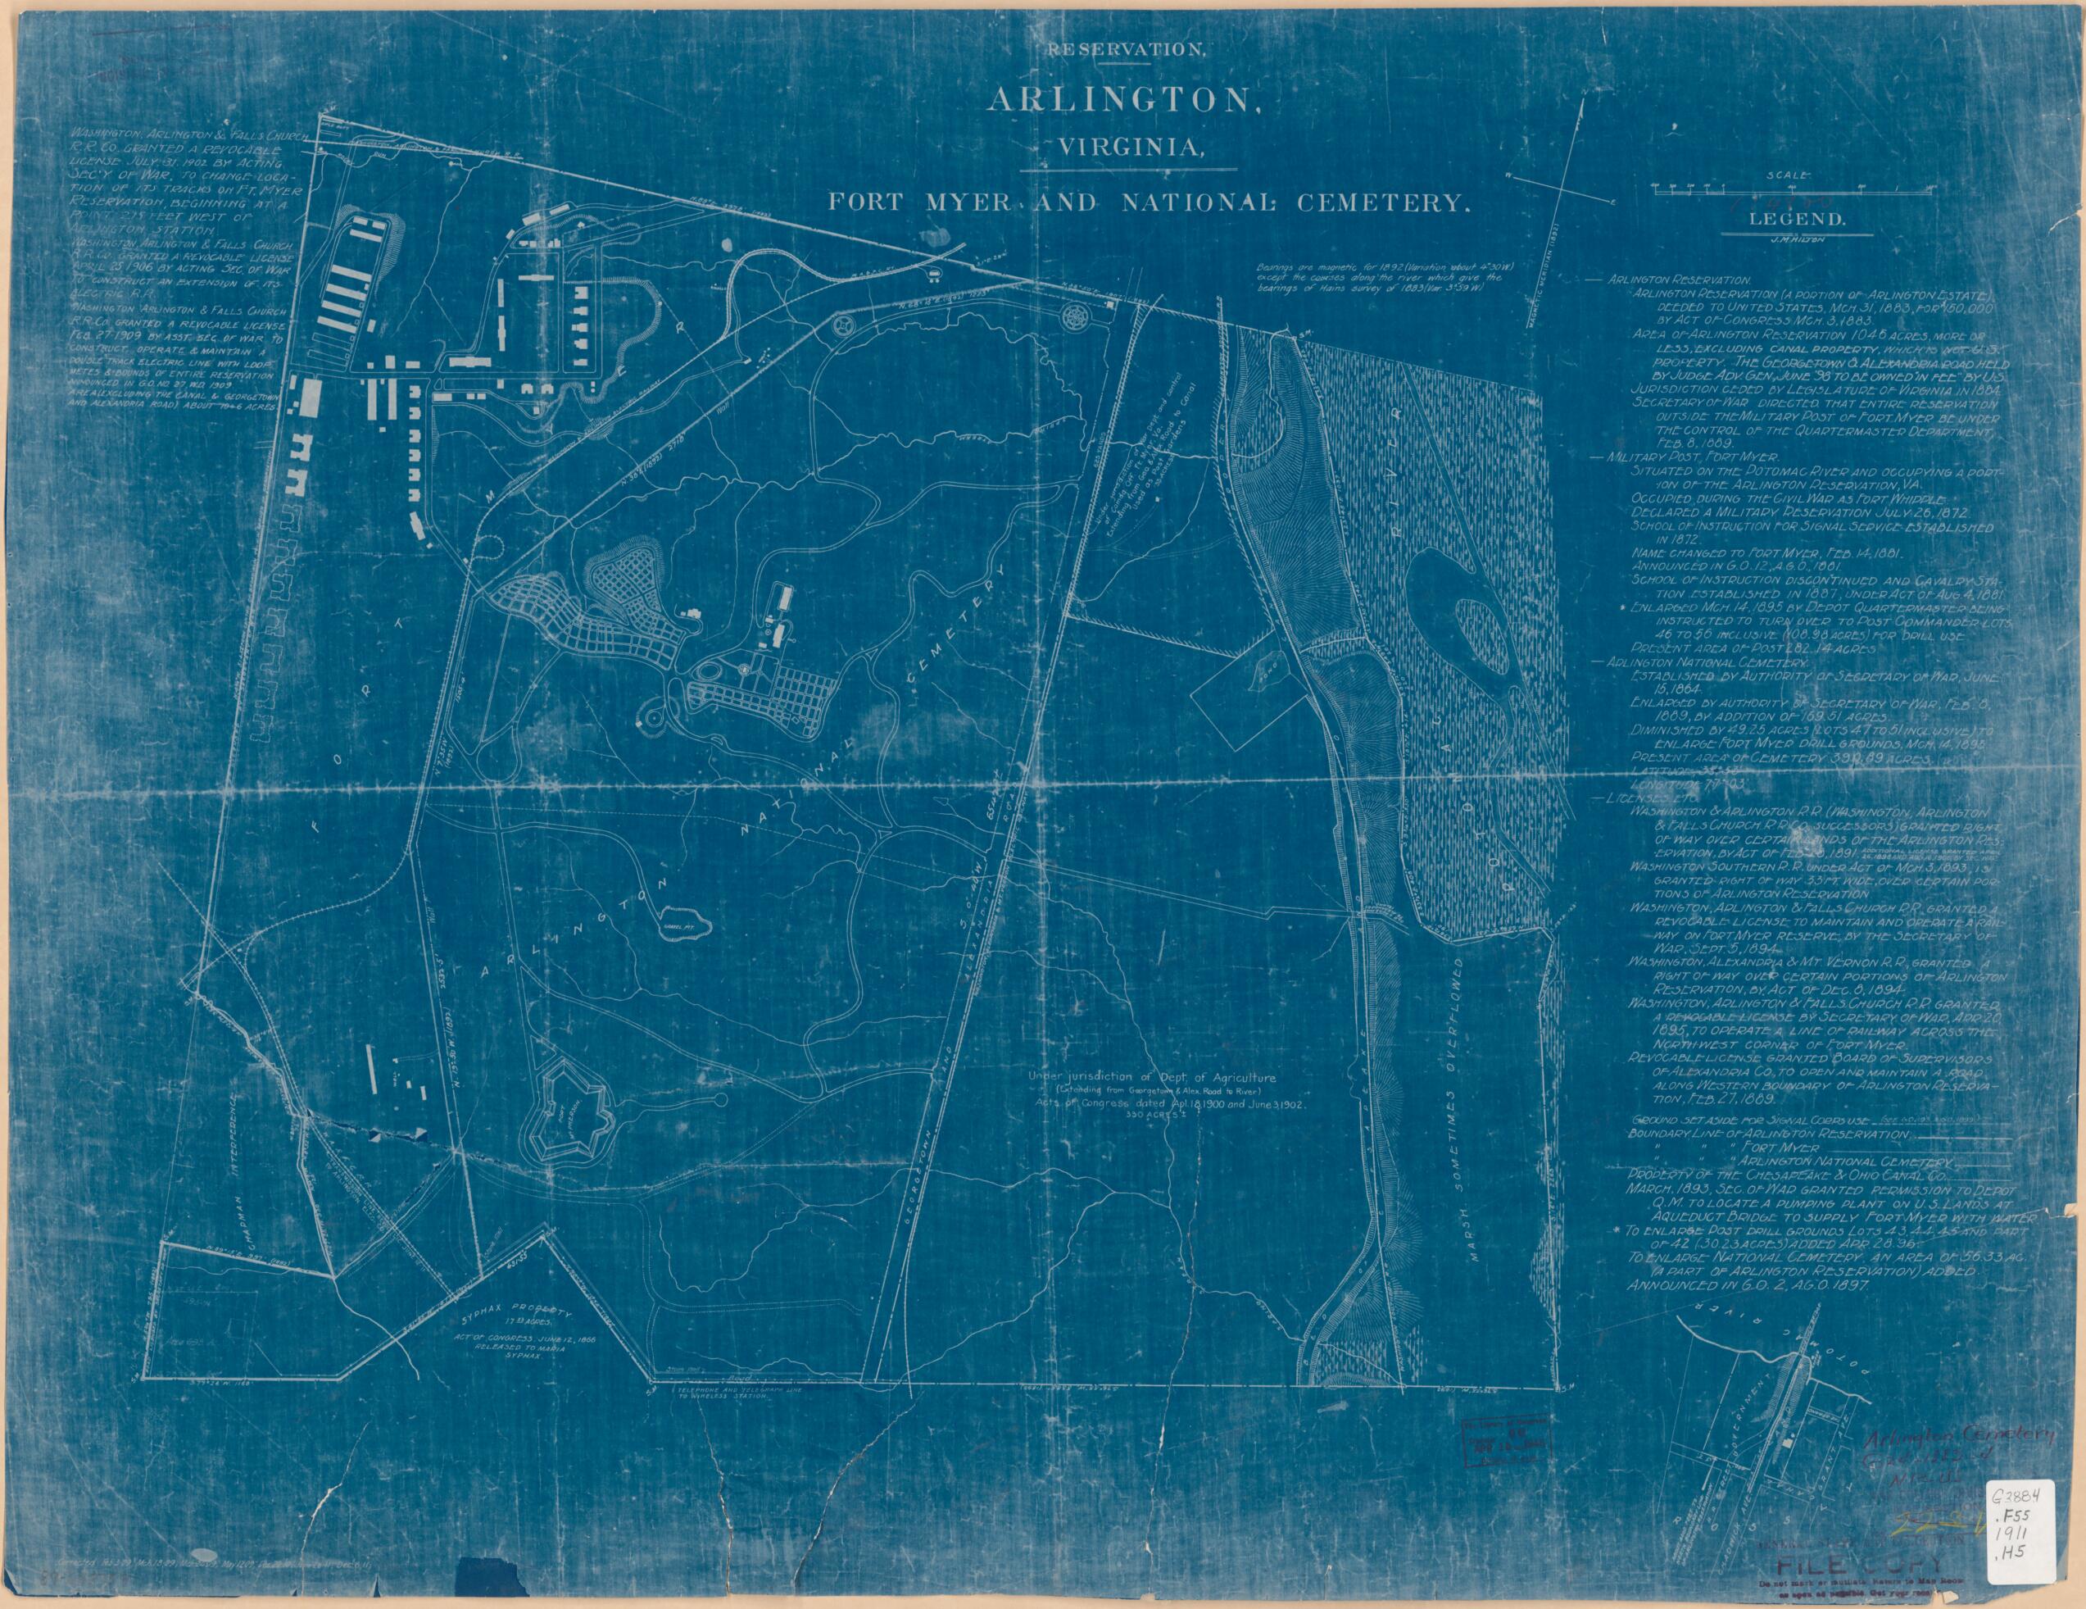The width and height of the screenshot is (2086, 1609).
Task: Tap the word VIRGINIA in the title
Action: pos(1127,148)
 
